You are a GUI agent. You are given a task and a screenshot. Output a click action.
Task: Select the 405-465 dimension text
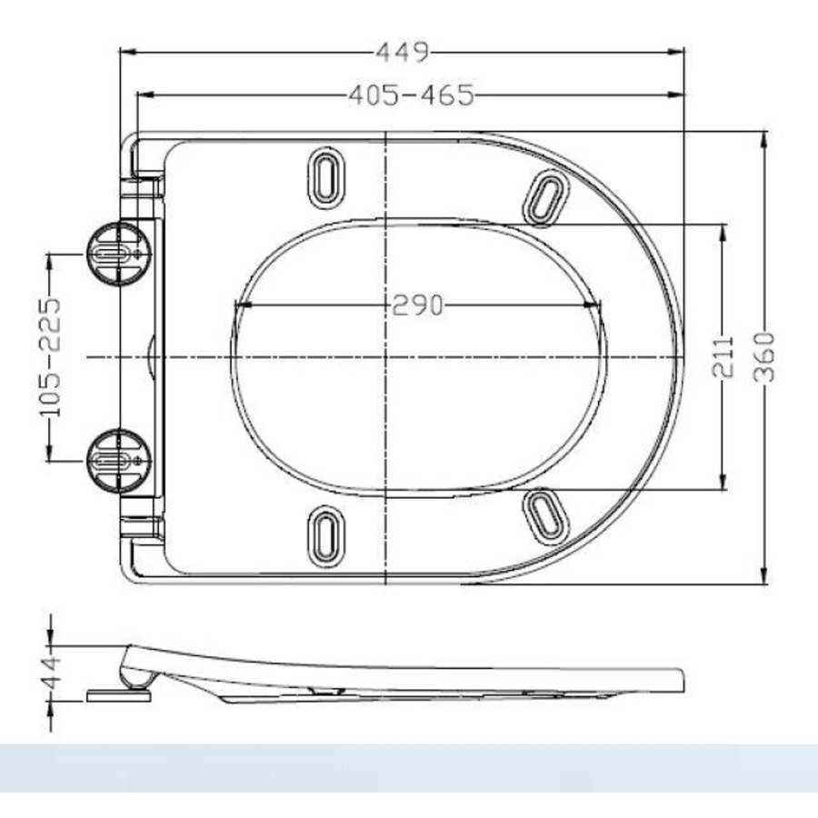coord(410,95)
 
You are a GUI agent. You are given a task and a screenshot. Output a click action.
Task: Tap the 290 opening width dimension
coord(417,306)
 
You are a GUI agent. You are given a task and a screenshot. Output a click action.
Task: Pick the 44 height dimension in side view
coord(51,673)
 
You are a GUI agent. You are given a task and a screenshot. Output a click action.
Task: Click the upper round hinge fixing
coord(115,254)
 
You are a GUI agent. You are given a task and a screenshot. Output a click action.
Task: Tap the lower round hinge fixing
coord(115,460)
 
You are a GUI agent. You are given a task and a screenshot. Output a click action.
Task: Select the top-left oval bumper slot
coord(324,175)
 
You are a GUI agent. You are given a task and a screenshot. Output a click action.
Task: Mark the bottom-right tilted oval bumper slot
coord(546,513)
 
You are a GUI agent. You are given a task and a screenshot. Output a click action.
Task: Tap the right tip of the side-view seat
coord(683,680)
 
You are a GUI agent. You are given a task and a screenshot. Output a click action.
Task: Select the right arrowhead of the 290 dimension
coord(599,306)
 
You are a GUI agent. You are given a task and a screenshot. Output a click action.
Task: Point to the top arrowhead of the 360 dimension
coord(764,137)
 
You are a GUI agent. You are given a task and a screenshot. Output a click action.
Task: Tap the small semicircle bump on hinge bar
coord(151,357)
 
